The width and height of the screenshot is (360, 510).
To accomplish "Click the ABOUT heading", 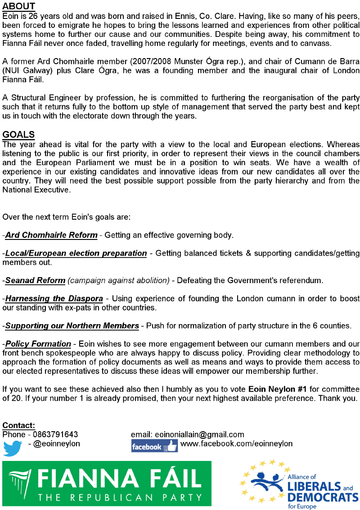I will coord(19,6).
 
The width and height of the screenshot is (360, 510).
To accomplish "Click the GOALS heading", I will coord(18,135).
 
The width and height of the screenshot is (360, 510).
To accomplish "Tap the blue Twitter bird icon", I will coord(13,447).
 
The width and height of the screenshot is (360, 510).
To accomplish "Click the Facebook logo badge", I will coord(154,446).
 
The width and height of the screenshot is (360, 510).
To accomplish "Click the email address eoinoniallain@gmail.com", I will coord(199,434).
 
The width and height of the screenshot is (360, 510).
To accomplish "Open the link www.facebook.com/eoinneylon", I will coord(236,443).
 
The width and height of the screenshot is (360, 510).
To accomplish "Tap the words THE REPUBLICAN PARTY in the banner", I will coord(121,497).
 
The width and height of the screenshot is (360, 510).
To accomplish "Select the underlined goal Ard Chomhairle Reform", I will coord(51,235).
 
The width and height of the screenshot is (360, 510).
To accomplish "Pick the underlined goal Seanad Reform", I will coord(35,280).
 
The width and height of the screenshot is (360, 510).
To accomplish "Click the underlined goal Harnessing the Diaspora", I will coord(54,298).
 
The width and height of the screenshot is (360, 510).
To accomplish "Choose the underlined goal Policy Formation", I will coord(38,344).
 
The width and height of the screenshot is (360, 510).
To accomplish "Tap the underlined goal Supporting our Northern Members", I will coord(72,325).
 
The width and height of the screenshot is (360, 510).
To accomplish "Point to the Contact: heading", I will coord(19,425).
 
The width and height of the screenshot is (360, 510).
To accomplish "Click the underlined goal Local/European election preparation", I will coord(76,253).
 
